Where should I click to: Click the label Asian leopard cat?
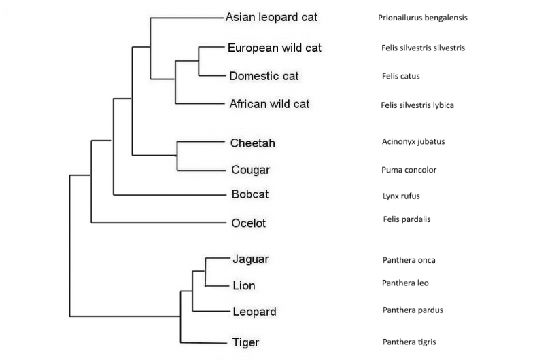(x=271, y=17)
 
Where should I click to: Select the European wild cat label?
(x=275, y=48)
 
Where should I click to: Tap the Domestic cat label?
(x=264, y=76)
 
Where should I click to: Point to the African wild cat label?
(x=269, y=104)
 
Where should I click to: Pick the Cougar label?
(x=250, y=170)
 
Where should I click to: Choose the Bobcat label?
(x=250, y=195)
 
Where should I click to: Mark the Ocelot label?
(x=248, y=223)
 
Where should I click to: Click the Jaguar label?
(x=250, y=259)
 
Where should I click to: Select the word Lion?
(x=243, y=285)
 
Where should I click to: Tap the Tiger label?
(x=245, y=342)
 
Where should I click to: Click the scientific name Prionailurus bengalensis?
(x=422, y=18)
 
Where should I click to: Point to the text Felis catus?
(x=400, y=76)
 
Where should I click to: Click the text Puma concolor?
(x=409, y=170)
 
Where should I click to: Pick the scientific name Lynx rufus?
(x=401, y=196)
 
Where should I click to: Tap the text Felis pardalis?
(x=407, y=219)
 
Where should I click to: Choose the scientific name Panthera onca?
(x=409, y=260)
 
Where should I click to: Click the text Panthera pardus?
(x=413, y=310)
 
